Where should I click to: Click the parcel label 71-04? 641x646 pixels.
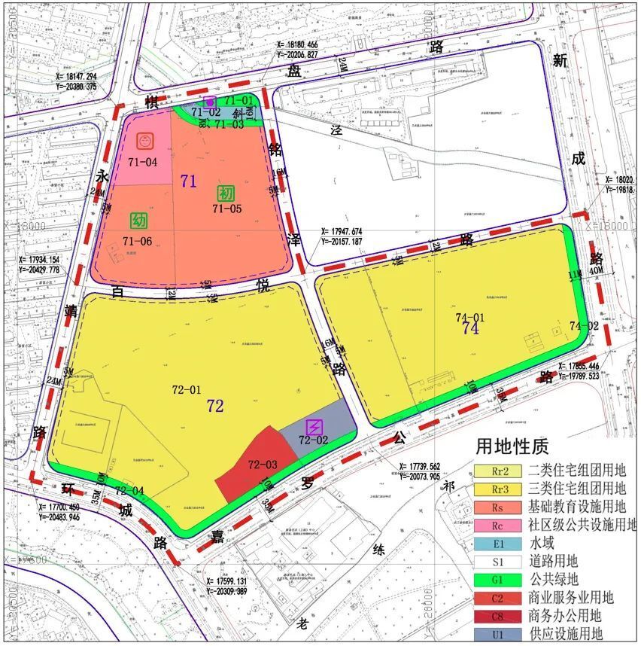(143, 161)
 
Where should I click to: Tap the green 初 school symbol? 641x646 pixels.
(226, 193)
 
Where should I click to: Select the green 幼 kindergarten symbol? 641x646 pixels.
(138, 221)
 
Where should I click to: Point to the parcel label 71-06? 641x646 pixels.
(138, 241)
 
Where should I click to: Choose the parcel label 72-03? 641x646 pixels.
(263, 465)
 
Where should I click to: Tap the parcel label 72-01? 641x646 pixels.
(187, 390)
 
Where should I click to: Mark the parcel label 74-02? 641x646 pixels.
(584, 326)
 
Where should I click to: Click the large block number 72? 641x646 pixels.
(215, 407)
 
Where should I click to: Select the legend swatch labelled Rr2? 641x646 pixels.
(497, 471)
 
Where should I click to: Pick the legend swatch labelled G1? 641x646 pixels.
(497, 580)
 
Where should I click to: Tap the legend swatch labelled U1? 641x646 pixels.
(497, 634)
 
